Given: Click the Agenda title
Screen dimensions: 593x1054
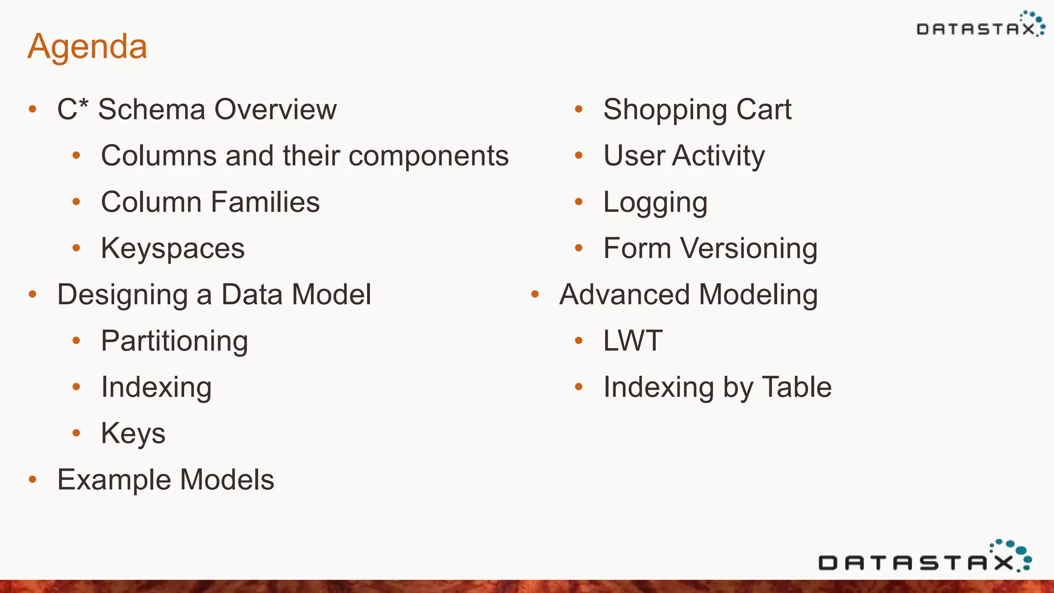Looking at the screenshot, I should pyautogui.click(x=87, y=46).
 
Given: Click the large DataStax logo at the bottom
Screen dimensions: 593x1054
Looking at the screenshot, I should pyautogui.click(x=924, y=559).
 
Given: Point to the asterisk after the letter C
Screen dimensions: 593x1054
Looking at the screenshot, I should pyautogui.click(x=84, y=103).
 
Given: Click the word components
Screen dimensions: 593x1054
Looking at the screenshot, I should pyautogui.click(x=428, y=156).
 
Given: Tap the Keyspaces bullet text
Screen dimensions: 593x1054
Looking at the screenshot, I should pyautogui.click(x=172, y=249).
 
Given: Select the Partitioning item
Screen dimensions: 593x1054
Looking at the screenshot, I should pyautogui.click(x=174, y=341).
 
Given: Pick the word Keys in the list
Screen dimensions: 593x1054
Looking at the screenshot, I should pyautogui.click(x=133, y=433).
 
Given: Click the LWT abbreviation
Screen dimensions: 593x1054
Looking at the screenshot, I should pyautogui.click(x=633, y=341).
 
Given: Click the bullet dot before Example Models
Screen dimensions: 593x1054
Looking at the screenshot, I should pyautogui.click(x=33, y=480).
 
